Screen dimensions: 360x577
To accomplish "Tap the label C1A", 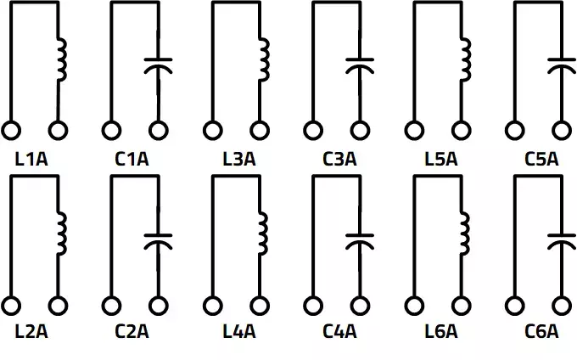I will [132, 158].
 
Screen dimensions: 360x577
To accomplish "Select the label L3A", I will [238, 158].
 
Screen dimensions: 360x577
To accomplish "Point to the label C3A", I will [339, 158].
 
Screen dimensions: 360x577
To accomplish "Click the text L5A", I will [440, 158].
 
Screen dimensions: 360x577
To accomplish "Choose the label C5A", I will [541, 158].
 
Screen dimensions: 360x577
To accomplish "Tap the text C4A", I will [339, 331].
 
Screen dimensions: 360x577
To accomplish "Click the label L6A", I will [440, 331].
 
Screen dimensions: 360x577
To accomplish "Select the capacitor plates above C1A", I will [159, 65].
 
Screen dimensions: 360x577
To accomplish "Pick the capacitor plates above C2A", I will [159, 239].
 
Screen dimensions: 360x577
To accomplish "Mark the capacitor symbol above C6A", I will [561, 238].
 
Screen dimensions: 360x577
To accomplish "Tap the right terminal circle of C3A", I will [360, 132].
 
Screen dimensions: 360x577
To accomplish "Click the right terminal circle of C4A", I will [360, 305].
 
